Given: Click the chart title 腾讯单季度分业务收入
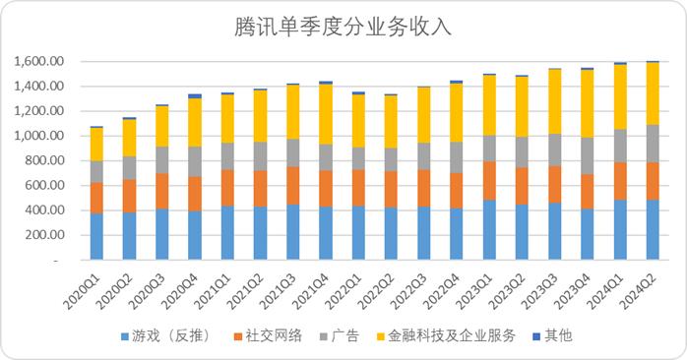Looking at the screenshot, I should (x=343, y=27).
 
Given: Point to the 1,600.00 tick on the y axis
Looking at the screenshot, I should (x=39, y=62).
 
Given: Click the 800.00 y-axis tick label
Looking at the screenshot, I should (x=43, y=160).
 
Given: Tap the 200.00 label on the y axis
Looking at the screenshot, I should (x=43, y=235).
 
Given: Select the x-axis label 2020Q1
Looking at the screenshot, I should (x=84, y=287).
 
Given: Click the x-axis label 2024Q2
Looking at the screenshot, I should (x=639, y=287).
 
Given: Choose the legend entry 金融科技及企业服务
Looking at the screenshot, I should (x=451, y=336).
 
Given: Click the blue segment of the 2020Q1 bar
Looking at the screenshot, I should (x=96, y=236).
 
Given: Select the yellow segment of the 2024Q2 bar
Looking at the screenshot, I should (x=652, y=93).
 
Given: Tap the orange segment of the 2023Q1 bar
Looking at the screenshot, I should (x=488, y=180).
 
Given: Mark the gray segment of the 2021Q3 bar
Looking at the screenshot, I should (x=292, y=152).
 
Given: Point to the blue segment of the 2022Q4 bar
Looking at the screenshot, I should (x=456, y=234).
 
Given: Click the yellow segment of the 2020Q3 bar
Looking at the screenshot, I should (x=161, y=126).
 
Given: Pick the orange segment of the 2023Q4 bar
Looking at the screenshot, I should (x=587, y=191).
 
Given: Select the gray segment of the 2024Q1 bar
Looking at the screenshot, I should (x=619, y=146).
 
